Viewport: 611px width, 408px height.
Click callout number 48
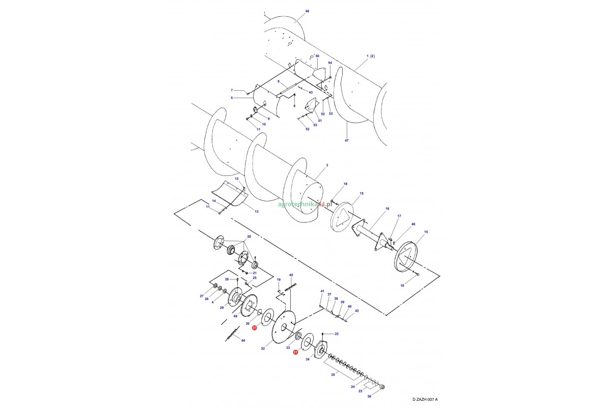point(307,11)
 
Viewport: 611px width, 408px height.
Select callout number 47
point(346,140)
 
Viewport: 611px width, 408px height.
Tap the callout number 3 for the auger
point(327,165)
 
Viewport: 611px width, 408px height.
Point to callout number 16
point(387,209)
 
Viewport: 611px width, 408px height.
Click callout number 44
point(243,341)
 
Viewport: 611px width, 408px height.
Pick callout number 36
point(369,396)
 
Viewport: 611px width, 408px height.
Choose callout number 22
point(337,334)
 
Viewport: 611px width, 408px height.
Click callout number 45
point(291,275)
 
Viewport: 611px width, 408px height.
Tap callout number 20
point(249,236)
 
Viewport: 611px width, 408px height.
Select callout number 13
point(257,211)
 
